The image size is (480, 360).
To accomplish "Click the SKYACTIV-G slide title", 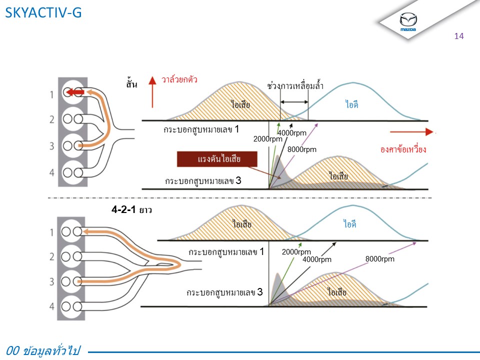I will click(x=42, y=13).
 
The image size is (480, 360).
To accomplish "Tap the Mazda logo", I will click(x=408, y=21).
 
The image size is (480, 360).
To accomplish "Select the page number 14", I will click(x=459, y=36).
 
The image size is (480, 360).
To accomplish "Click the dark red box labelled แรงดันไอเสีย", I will click(x=217, y=159).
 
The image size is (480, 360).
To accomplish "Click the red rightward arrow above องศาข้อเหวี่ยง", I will click(x=411, y=132).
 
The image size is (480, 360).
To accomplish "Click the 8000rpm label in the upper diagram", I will click(x=301, y=149).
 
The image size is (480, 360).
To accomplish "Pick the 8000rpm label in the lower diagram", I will click(x=379, y=259).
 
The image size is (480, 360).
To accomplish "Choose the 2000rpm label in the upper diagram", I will click(x=268, y=139).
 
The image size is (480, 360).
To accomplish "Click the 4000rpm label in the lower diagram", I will click(x=317, y=259).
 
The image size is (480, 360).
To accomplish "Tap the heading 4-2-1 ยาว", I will click(x=131, y=210).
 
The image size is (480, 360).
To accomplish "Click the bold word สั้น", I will click(x=131, y=83).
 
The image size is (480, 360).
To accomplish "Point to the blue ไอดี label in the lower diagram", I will click(x=349, y=224).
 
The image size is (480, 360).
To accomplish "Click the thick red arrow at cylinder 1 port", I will click(x=76, y=92).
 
